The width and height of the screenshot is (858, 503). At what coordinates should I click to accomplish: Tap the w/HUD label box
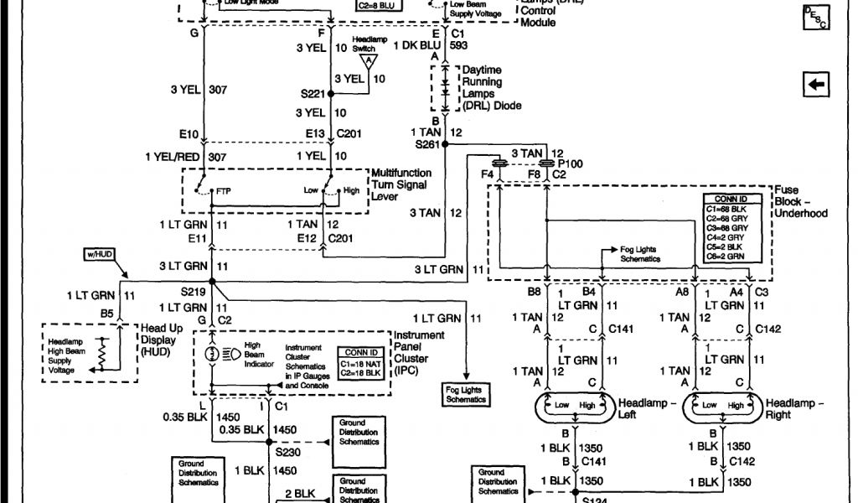coord(100,252)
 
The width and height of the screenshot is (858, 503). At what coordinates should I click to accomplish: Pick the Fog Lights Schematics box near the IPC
coord(466,395)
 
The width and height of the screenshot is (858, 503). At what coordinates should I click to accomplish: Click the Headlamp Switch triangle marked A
coord(369,61)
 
